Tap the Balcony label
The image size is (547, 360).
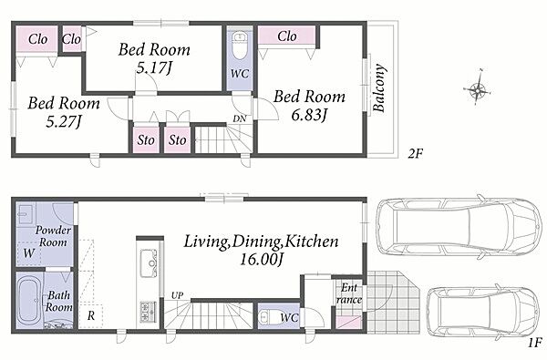(379, 87)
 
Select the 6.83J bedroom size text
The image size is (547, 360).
(309, 115)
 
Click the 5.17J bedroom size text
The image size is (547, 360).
(154, 67)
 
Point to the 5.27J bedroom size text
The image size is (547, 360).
(63, 121)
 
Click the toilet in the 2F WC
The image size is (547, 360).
(240, 46)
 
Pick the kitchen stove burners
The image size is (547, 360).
(149, 312)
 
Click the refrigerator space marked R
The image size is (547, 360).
(90, 316)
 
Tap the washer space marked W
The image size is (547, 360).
(28, 253)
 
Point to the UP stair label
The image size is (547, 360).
(177, 295)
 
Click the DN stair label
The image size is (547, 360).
(240, 118)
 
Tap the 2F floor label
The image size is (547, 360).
(416, 153)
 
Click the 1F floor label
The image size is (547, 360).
(535, 342)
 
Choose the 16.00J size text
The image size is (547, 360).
(261, 259)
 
